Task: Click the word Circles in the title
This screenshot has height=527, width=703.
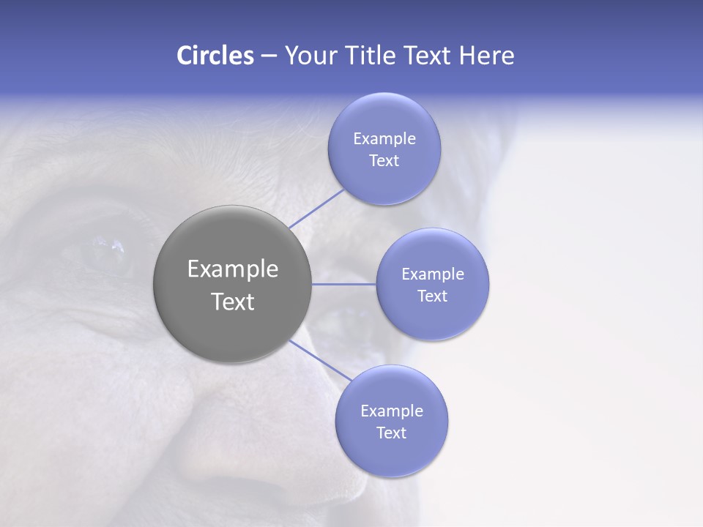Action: [x=215, y=56]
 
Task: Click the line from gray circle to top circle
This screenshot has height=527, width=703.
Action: [x=316, y=208]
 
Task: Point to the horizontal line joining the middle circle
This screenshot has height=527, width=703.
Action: [x=343, y=284]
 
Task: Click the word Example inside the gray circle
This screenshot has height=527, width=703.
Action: [x=233, y=269]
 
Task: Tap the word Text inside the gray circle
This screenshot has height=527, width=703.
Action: [x=233, y=302]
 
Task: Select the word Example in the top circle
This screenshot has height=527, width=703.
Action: [x=384, y=138]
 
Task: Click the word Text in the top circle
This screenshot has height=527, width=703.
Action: [x=384, y=160]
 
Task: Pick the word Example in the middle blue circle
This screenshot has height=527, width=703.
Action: [x=432, y=274]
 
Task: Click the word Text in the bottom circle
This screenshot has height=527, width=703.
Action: [x=391, y=433]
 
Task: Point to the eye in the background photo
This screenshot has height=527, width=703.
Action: [x=103, y=253]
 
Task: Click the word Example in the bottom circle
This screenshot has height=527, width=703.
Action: [x=391, y=411]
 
